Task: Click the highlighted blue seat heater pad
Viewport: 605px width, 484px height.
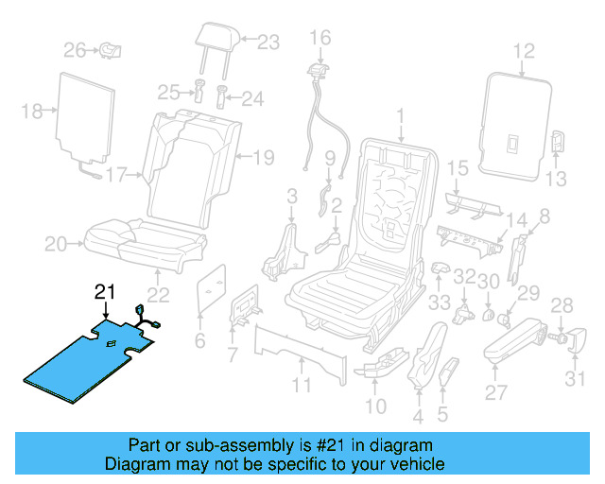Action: click(90, 364)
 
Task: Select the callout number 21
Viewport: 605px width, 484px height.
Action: click(105, 292)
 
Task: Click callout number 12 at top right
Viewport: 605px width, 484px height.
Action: click(524, 52)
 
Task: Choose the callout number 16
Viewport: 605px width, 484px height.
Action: click(320, 38)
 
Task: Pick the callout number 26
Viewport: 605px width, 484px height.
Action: click(75, 49)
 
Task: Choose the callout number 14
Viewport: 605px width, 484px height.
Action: click(516, 223)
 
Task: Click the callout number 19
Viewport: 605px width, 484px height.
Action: click(263, 157)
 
